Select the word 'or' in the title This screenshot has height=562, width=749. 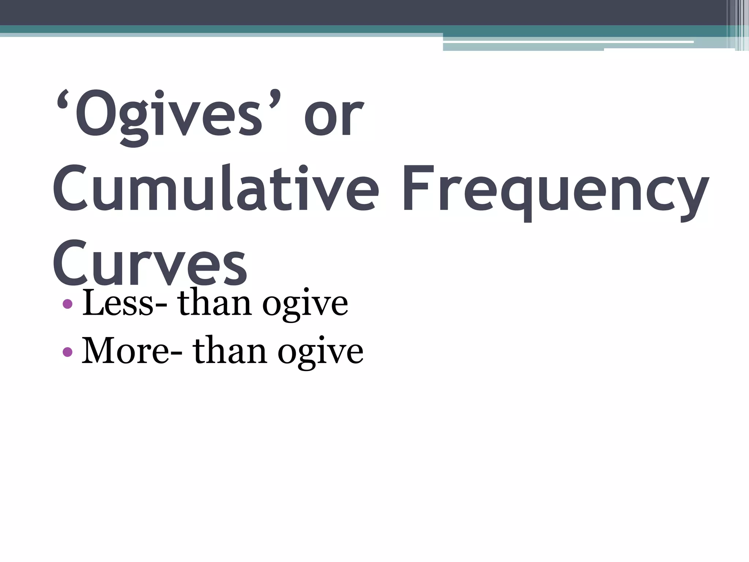334,117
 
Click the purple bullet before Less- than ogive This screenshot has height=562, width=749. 68,304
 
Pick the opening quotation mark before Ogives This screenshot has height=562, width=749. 64,100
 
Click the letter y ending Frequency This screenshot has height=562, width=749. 693,198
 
